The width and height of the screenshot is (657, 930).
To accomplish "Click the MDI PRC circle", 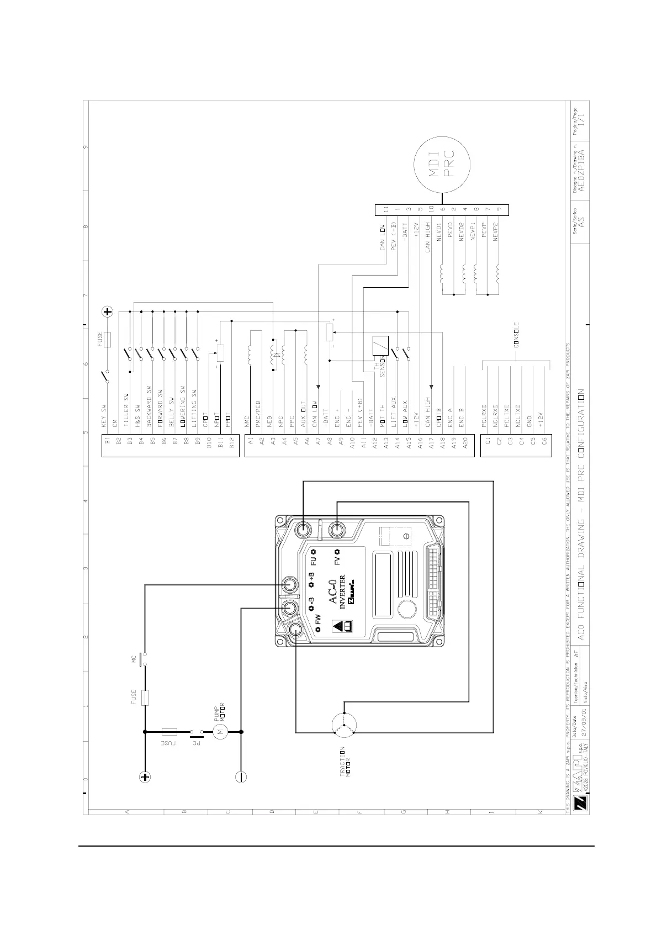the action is click(x=442, y=165).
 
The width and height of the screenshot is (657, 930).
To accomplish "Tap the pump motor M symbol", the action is click(x=220, y=732).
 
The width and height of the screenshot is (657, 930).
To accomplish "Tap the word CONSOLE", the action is click(x=517, y=334).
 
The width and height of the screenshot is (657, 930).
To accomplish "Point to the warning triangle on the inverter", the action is click(x=337, y=627).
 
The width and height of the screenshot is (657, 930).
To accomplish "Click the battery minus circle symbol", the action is click(x=241, y=777).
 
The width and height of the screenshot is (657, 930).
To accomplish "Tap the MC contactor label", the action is click(x=134, y=659).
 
